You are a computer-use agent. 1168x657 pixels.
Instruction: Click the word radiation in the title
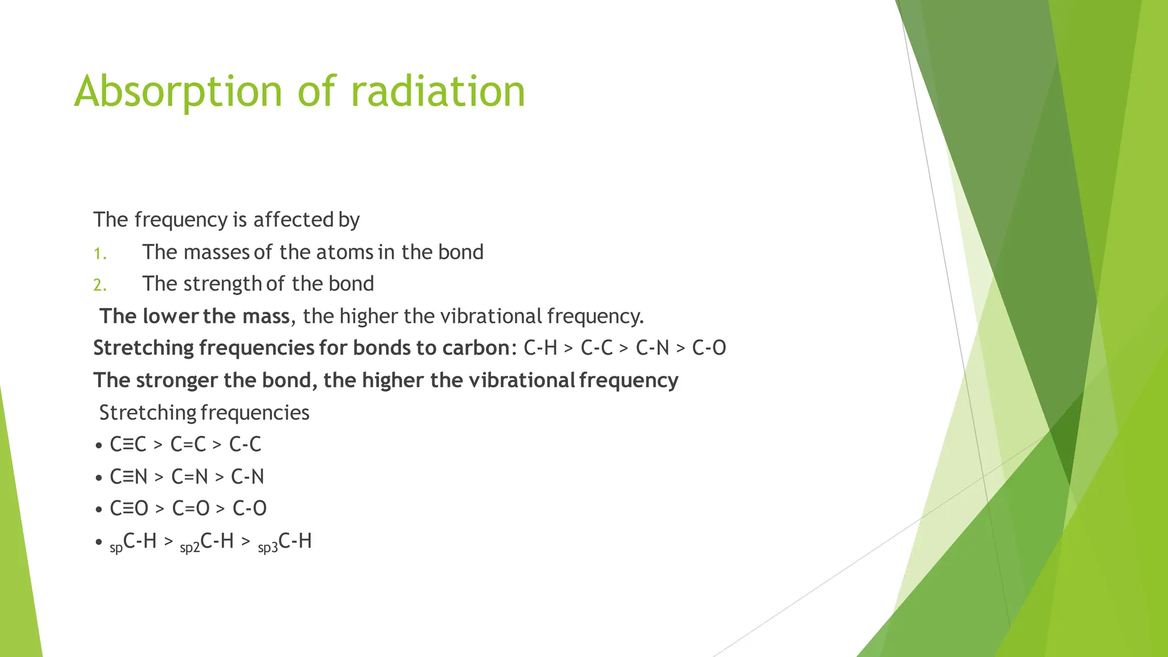click(437, 91)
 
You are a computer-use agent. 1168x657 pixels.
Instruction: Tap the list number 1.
click(100, 254)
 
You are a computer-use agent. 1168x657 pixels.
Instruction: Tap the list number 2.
click(100, 285)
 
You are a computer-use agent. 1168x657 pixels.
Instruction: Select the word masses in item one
click(217, 252)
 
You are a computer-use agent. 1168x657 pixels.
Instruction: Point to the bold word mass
click(266, 316)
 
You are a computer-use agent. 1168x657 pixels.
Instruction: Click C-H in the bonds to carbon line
click(540, 348)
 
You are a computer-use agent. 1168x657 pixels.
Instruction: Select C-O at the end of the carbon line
click(709, 348)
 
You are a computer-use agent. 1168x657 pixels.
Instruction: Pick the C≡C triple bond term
click(128, 444)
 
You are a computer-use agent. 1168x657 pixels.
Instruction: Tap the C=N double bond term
click(189, 477)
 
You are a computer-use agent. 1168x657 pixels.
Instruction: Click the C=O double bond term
click(191, 509)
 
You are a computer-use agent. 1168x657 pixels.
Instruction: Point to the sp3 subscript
click(267, 548)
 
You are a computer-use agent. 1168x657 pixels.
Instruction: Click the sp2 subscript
click(190, 548)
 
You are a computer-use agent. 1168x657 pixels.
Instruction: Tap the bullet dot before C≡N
click(99, 477)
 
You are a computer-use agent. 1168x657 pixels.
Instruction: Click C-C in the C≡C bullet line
click(245, 444)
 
